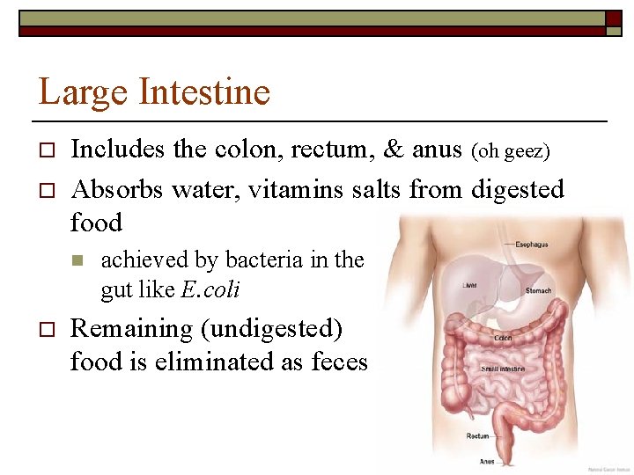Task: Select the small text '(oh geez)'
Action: tap(512, 152)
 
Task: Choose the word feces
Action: tap(339, 362)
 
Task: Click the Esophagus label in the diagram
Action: tap(532, 245)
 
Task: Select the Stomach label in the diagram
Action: tap(539, 290)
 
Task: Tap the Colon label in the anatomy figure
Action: tap(504, 337)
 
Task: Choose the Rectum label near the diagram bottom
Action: tap(478, 435)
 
